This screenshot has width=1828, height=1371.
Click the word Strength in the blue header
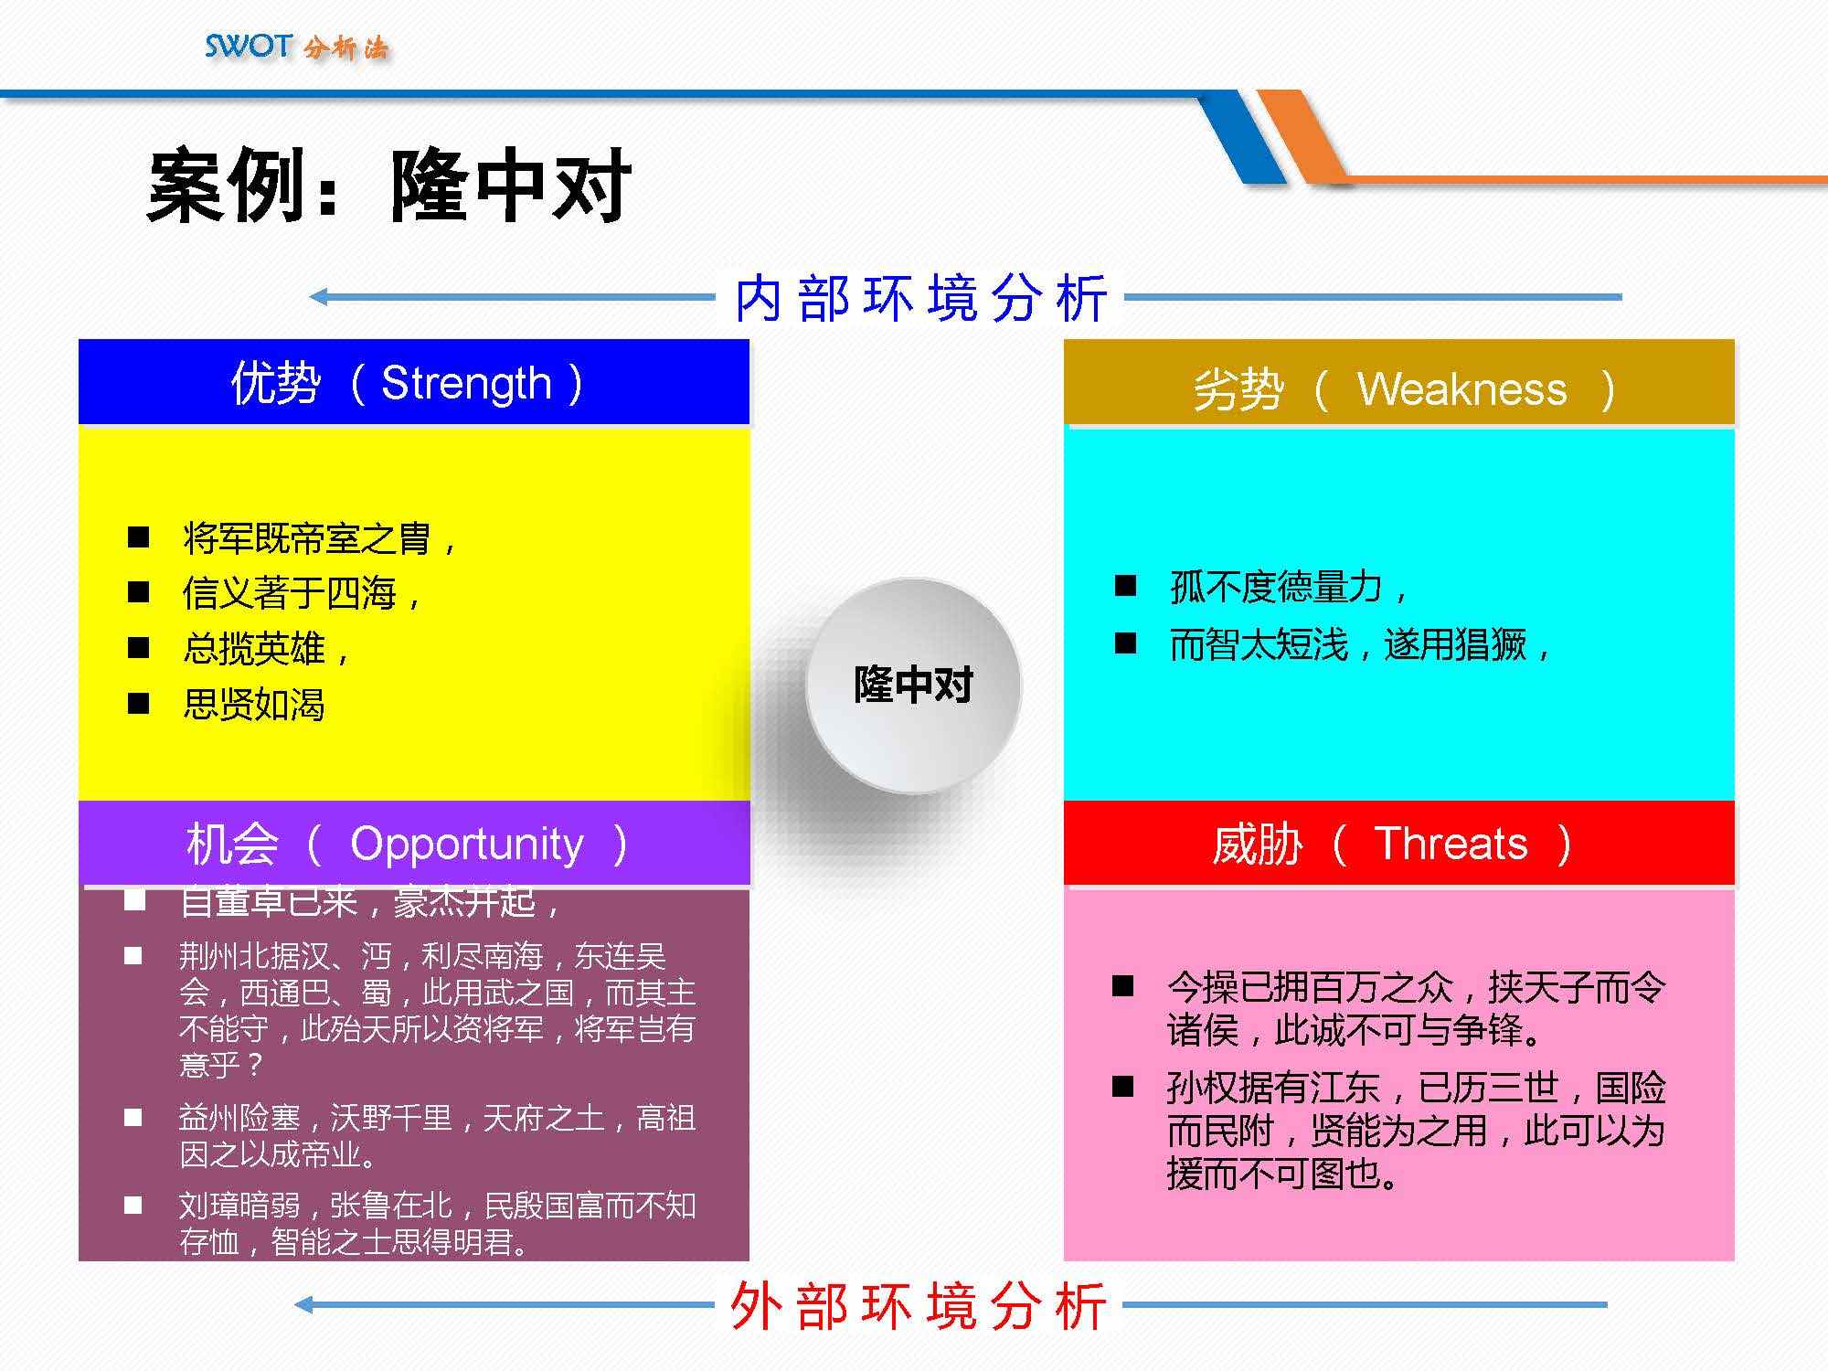(466, 383)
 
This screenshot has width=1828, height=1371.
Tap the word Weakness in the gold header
(1461, 389)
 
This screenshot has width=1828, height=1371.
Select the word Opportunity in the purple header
(466, 844)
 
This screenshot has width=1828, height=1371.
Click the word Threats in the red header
(1451, 843)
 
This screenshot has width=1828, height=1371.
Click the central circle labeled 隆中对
(912, 685)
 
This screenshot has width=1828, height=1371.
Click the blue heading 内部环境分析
(920, 298)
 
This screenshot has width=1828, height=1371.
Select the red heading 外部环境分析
(919, 1306)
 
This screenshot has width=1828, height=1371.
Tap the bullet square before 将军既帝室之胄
(138, 537)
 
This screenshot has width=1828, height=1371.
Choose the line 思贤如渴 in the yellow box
(253, 705)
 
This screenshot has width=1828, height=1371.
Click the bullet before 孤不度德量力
(1125, 585)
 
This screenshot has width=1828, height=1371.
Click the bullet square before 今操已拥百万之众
(1122, 985)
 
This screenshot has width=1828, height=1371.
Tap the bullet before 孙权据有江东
(1122, 1086)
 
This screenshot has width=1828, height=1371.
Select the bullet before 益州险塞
(133, 1117)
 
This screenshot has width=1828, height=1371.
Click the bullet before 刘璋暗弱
(133, 1205)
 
